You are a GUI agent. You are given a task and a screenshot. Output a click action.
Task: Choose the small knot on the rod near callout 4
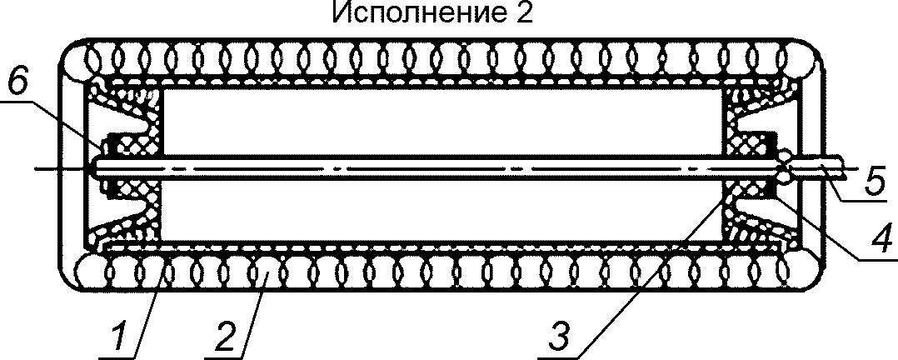[x=785, y=167]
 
